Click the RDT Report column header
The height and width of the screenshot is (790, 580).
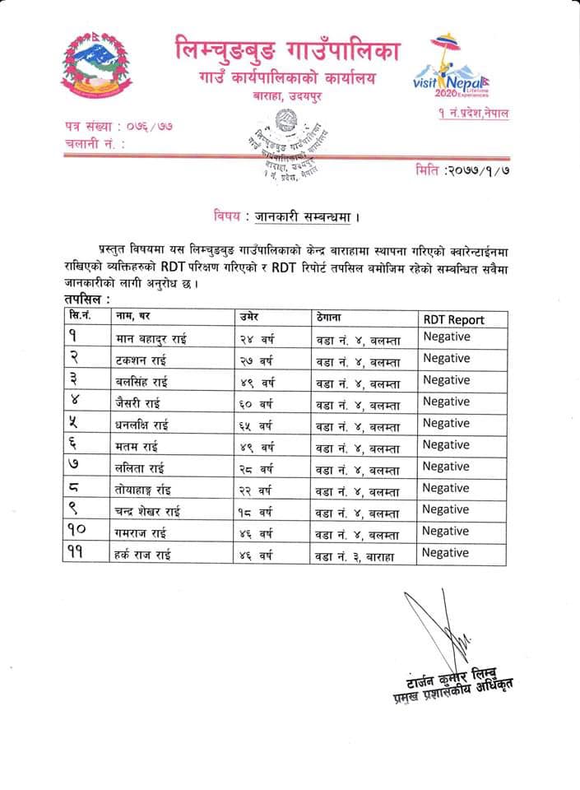[453, 319]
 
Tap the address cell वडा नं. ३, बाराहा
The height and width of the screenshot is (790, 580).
[356, 555]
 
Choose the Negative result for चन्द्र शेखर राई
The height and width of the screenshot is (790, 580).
[447, 509]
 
